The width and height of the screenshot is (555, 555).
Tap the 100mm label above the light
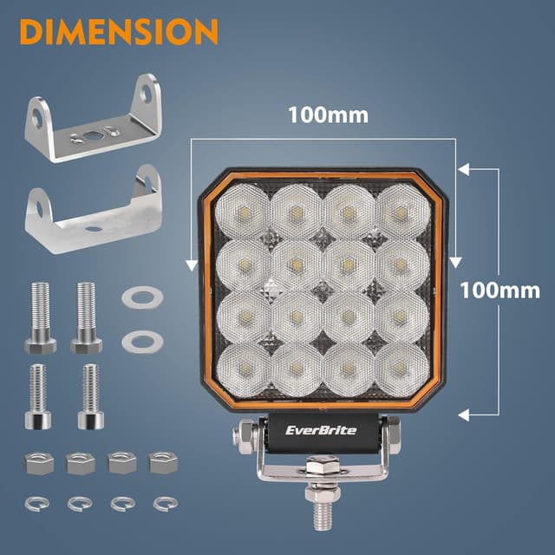329,114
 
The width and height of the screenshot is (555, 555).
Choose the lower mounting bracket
94,209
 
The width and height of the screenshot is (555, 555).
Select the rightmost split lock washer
162,502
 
